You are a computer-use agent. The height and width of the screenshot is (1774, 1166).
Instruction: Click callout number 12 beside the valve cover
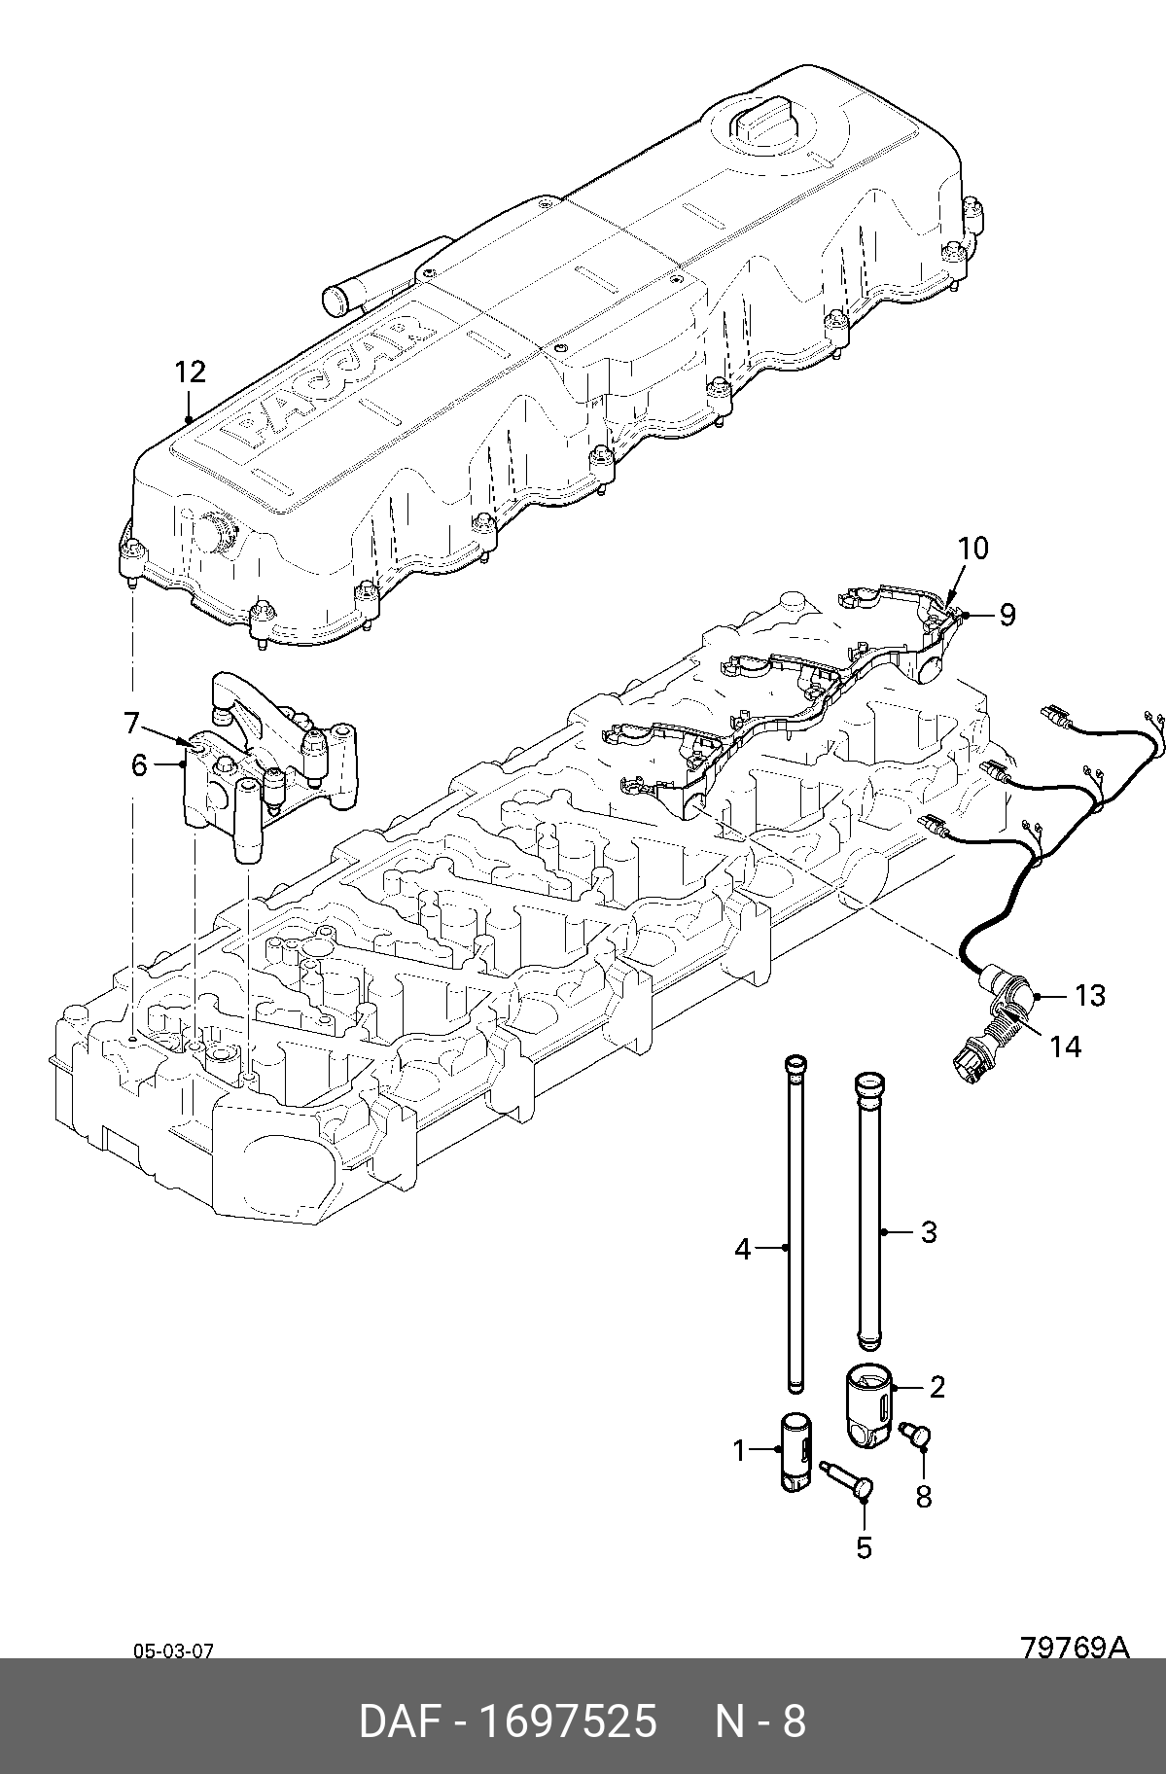pyautogui.click(x=191, y=372)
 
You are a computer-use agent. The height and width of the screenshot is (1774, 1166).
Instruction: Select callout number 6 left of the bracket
pyautogui.click(x=139, y=765)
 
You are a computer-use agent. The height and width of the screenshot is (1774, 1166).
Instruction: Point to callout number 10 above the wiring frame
pyautogui.click(x=972, y=549)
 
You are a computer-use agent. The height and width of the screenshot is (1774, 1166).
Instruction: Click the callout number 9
pyautogui.click(x=1007, y=614)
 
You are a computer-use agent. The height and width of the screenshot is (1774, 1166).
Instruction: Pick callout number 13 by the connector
pyautogui.click(x=1090, y=995)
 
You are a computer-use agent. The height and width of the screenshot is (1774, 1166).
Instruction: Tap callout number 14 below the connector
pyautogui.click(x=1065, y=1047)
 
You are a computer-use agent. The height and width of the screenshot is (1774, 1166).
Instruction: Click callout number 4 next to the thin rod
pyautogui.click(x=743, y=1248)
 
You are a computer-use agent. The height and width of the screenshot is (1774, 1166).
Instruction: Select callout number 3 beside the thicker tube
pyautogui.click(x=929, y=1232)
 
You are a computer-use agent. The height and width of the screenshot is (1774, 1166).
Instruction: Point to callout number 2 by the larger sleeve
pyautogui.click(x=936, y=1387)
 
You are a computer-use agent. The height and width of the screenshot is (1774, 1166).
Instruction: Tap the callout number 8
pyautogui.click(x=923, y=1524)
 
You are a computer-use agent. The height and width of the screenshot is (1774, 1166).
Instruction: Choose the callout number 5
pyautogui.click(x=864, y=1547)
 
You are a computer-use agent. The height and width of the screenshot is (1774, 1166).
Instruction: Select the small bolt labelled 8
pyautogui.click(x=915, y=1461)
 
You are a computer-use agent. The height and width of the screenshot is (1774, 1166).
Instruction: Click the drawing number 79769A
pyautogui.click(x=1074, y=1648)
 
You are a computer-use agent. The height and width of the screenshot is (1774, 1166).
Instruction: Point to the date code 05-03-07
pyautogui.click(x=173, y=1650)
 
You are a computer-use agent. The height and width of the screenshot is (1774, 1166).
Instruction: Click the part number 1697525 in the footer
pyautogui.click(x=570, y=1721)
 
